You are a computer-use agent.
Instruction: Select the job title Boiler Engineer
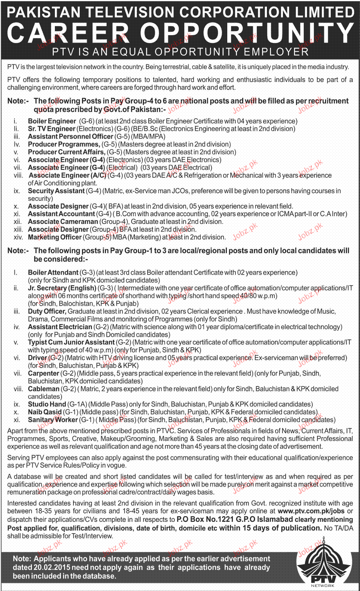click(x=52, y=121)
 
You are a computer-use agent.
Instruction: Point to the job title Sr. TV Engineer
click(x=52, y=129)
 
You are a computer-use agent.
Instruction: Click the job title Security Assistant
click(x=56, y=191)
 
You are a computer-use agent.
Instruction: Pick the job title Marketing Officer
click(x=55, y=237)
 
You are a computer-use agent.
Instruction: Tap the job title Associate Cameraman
click(x=63, y=222)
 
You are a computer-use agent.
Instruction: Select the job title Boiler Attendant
click(x=53, y=273)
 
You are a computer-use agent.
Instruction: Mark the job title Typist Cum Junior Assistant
click(x=71, y=342)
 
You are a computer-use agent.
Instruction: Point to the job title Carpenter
click(x=43, y=373)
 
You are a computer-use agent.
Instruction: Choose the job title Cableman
click(x=43, y=389)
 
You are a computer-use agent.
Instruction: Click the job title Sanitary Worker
click(x=53, y=420)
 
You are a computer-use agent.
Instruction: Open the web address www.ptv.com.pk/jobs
click(x=311, y=511)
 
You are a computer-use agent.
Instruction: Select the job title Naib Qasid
click(x=44, y=412)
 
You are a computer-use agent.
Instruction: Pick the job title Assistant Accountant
click(x=61, y=214)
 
